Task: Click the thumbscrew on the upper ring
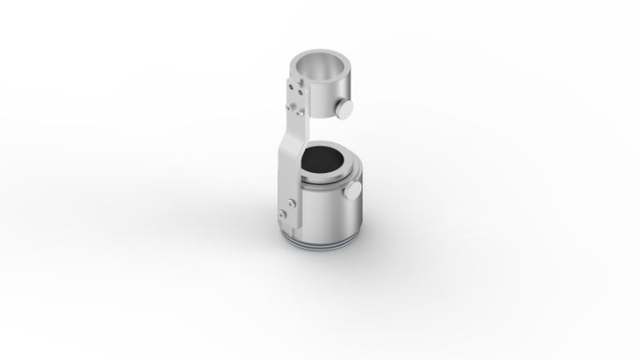(x=344, y=109)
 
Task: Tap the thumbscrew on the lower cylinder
(x=355, y=191)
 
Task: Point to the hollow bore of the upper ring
(x=320, y=67)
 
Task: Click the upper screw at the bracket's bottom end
(x=292, y=201)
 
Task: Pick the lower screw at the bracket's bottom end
(x=282, y=215)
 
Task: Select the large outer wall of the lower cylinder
(x=327, y=215)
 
